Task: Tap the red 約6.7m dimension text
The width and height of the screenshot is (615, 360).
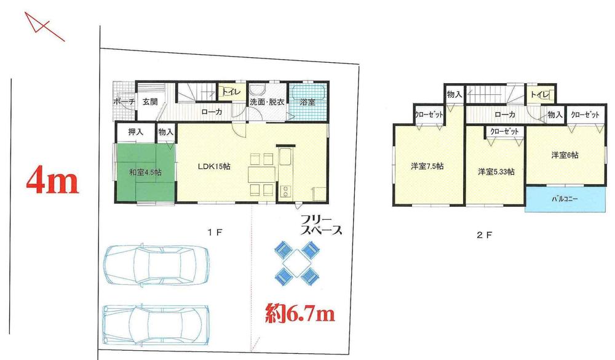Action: (300, 314)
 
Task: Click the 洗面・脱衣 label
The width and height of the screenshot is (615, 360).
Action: (266, 102)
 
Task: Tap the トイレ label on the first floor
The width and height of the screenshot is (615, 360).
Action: (231, 92)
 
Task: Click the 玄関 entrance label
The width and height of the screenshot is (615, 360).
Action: (151, 102)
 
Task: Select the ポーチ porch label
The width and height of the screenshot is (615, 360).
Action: (124, 102)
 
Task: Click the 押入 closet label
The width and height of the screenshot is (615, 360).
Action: (135, 131)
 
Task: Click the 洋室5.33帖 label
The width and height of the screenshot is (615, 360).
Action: (495, 172)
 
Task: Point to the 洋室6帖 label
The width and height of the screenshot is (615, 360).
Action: (564, 156)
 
